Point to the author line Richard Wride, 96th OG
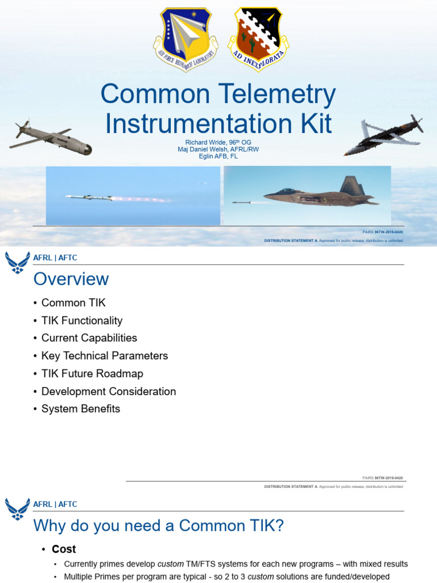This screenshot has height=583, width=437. click(218, 142)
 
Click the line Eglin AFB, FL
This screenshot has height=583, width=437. click(218, 156)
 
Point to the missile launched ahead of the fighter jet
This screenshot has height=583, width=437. click(242, 202)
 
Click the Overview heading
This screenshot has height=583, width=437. click(71, 279)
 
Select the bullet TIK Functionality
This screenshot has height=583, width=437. click(82, 321)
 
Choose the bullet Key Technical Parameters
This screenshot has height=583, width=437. click(105, 356)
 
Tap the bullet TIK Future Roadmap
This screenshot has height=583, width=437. click(92, 373)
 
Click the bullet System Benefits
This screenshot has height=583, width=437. click(81, 409)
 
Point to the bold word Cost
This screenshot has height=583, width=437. click(64, 549)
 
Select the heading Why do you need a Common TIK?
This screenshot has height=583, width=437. click(158, 525)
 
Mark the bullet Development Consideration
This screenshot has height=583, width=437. click(109, 391)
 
